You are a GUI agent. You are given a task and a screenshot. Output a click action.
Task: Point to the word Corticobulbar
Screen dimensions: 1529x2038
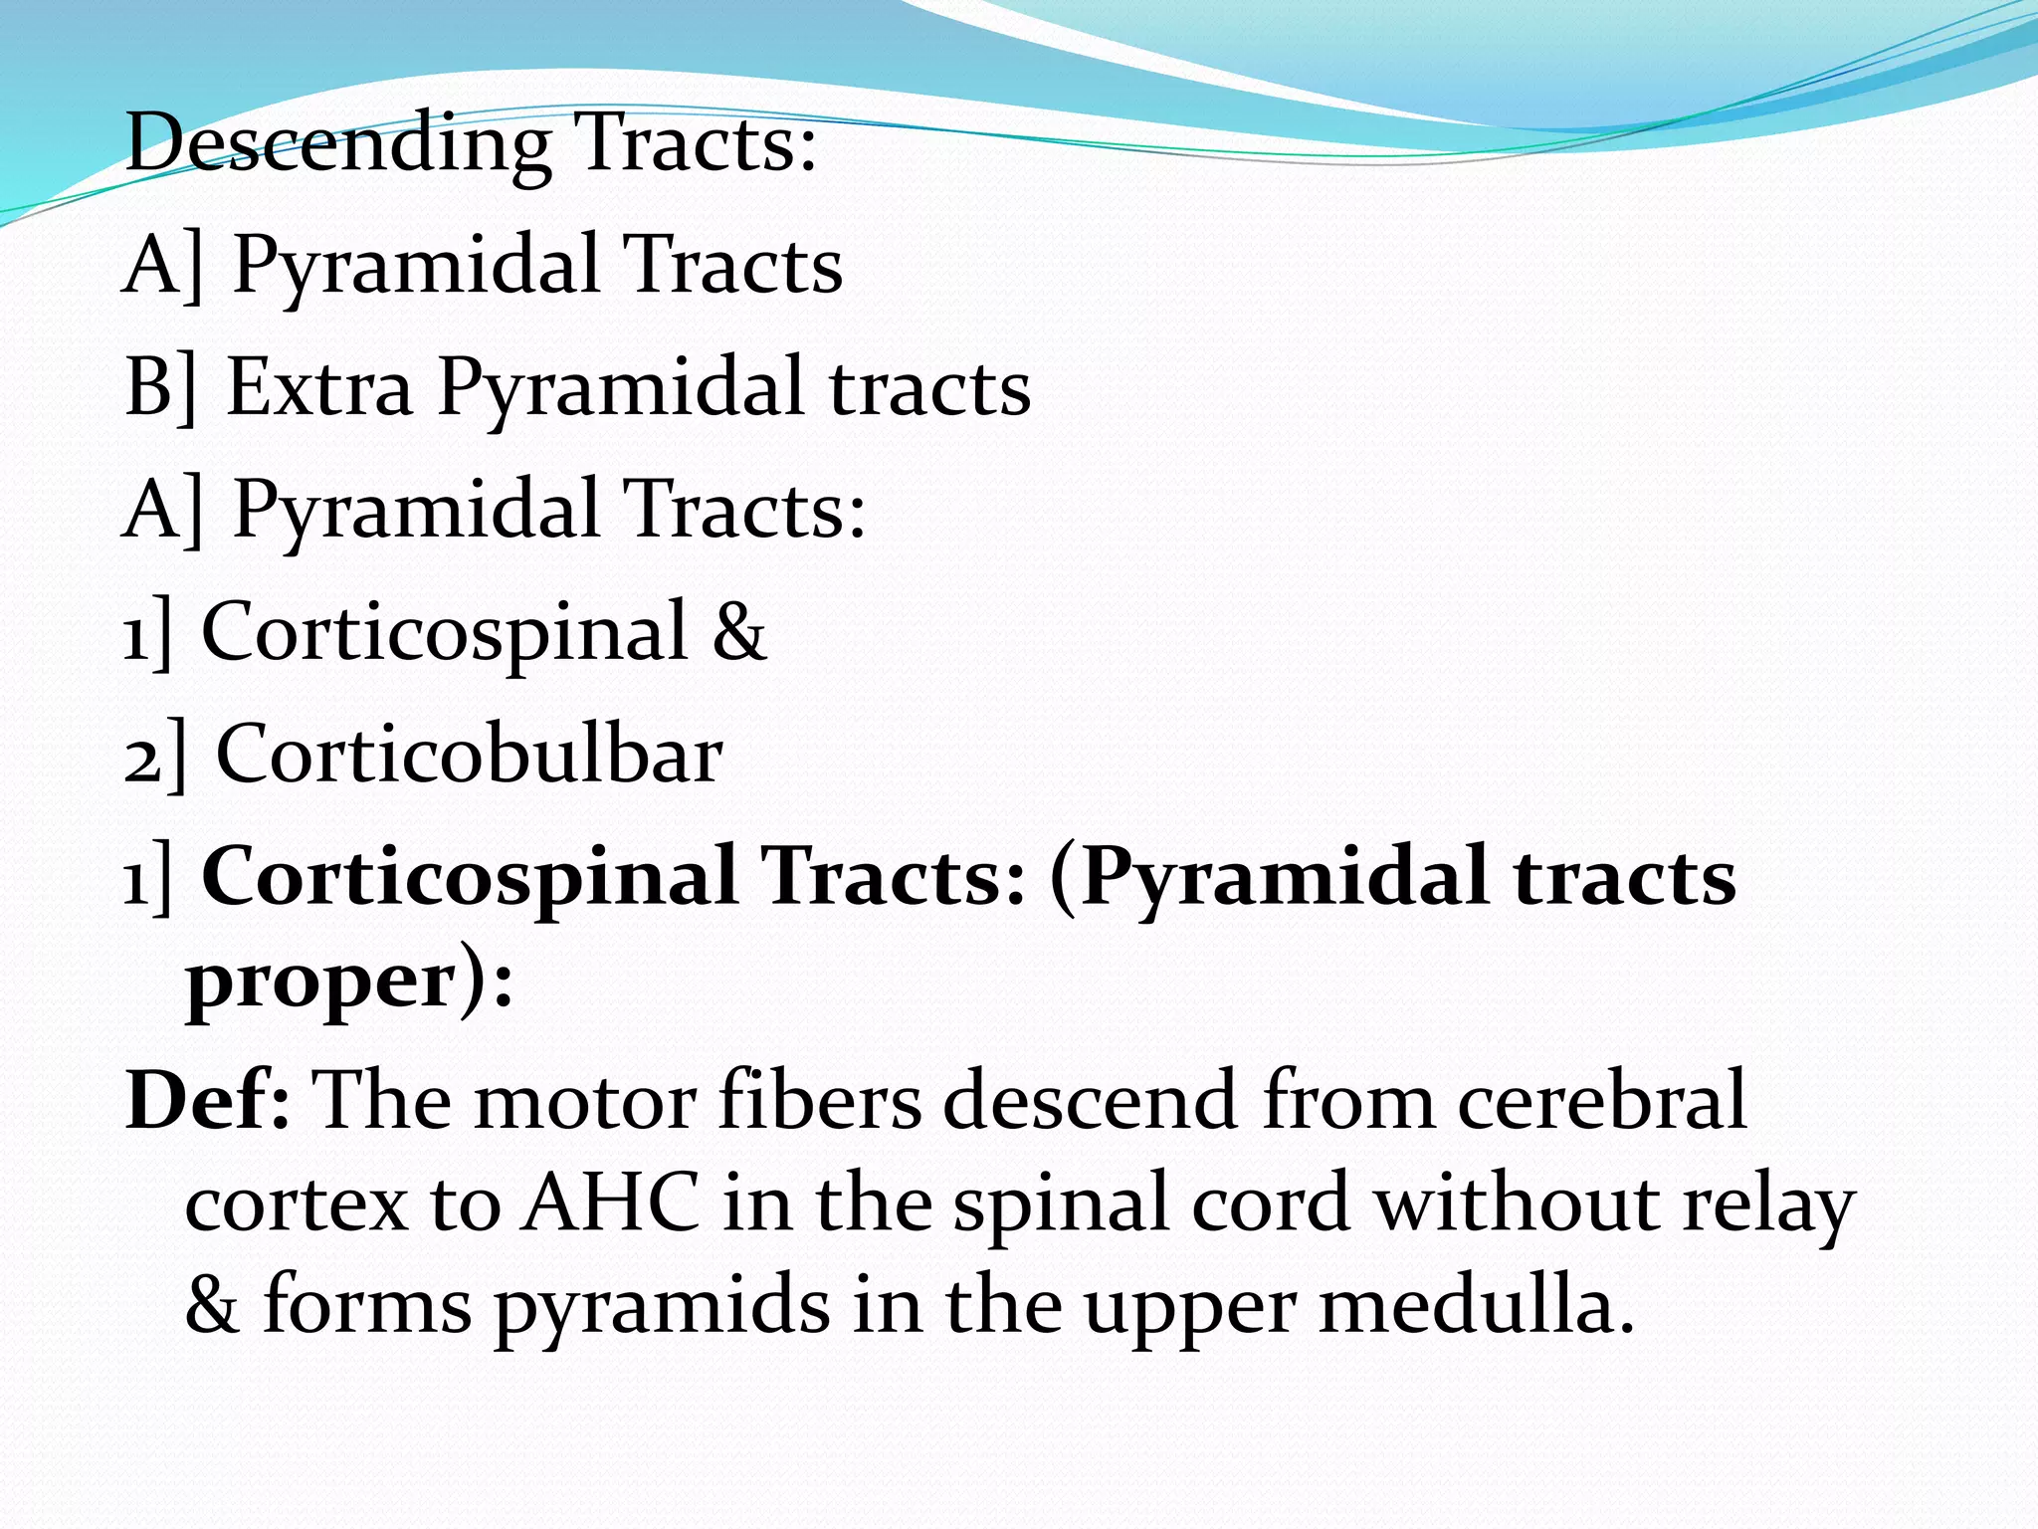(x=469, y=755)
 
